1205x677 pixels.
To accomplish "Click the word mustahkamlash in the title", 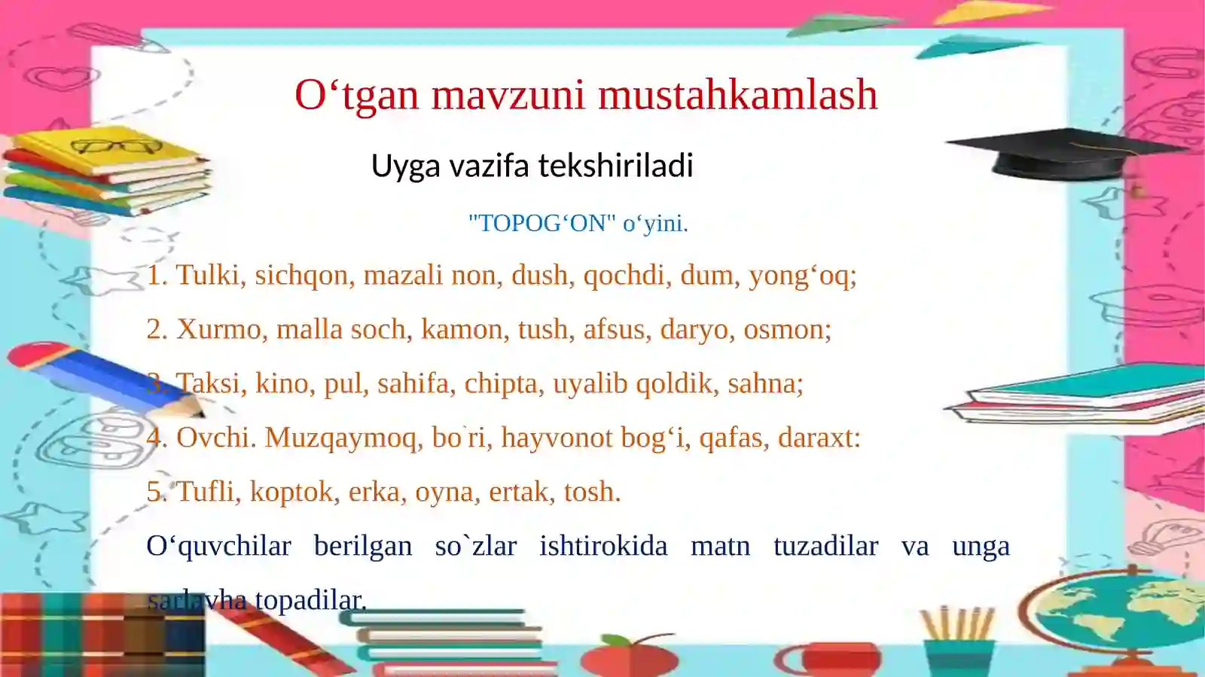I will click(738, 96).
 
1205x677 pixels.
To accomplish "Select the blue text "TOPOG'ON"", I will click(542, 223).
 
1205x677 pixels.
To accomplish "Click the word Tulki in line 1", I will click(208, 275).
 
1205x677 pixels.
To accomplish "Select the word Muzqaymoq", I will click(342, 438).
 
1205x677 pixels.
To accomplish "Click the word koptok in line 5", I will click(291, 493).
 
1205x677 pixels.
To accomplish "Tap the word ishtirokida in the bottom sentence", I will click(603, 546).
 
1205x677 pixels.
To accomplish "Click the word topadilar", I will click(310, 600).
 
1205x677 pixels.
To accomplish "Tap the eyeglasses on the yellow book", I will click(117, 146).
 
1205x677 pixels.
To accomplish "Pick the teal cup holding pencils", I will click(960, 655).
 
